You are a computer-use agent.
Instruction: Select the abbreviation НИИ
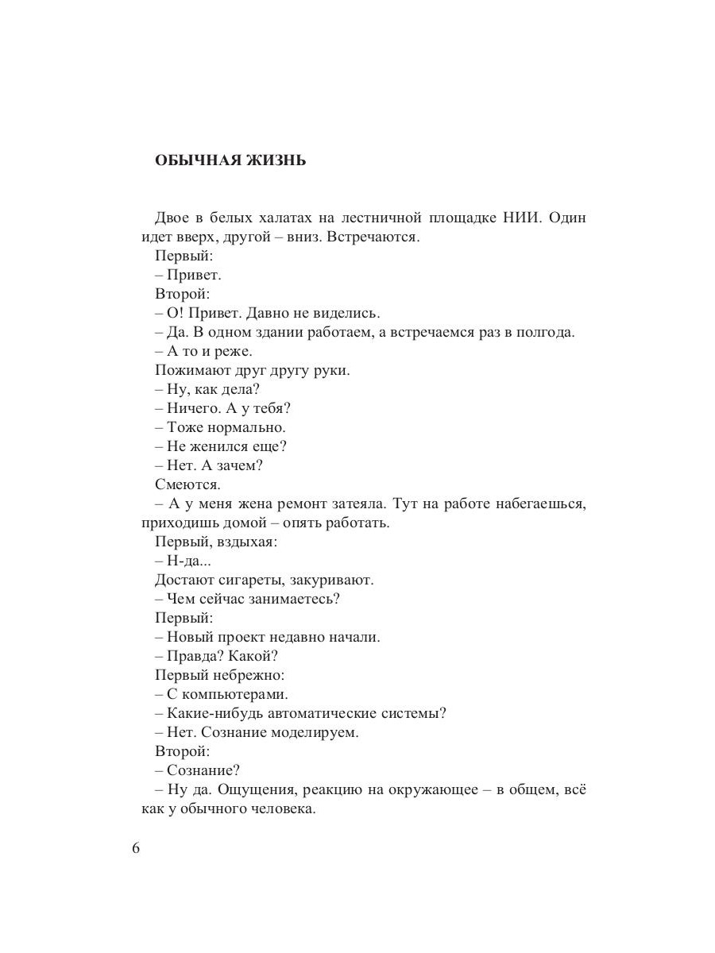click(x=522, y=218)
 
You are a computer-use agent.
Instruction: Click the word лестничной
click(x=377, y=218)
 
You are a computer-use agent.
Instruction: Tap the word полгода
click(x=547, y=332)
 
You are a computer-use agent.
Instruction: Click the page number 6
click(x=135, y=847)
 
